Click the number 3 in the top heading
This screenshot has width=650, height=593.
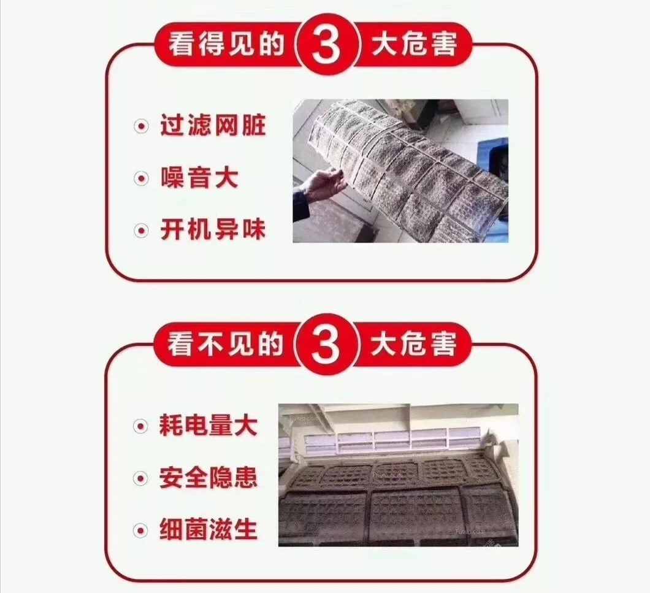pyautogui.click(x=326, y=45)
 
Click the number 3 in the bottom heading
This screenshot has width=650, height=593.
pyautogui.click(x=326, y=345)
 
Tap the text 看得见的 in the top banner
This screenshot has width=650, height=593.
pyautogui.click(x=226, y=44)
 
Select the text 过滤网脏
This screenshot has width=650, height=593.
pyautogui.click(x=213, y=125)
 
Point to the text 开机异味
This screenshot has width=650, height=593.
pyautogui.click(x=213, y=230)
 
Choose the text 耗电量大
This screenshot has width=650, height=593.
pyautogui.click(x=208, y=425)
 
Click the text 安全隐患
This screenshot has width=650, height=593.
pyautogui.click(x=208, y=478)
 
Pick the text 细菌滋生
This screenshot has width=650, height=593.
pyautogui.click(x=208, y=530)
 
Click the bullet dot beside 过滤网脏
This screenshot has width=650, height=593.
pyautogui.click(x=142, y=126)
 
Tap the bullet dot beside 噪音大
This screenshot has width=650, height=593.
pyautogui.click(x=142, y=178)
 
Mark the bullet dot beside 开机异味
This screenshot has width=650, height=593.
pyautogui.click(x=142, y=231)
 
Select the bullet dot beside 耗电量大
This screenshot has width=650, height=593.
pyautogui.click(x=140, y=426)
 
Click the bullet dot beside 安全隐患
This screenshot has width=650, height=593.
pyautogui.click(x=140, y=478)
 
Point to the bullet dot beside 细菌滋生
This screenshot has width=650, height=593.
pyautogui.click(x=140, y=530)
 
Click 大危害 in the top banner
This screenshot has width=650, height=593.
pyautogui.click(x=415, y=44)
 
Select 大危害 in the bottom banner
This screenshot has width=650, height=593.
pyautogui.click(x=414, y=344)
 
